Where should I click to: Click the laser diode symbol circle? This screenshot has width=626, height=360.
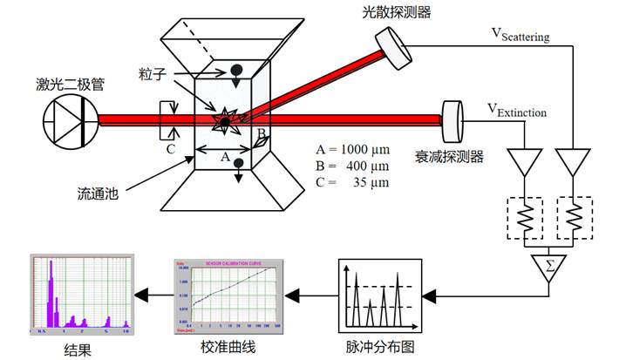71,120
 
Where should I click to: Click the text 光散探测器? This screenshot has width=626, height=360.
397,11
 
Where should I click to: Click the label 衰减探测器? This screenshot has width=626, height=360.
449,157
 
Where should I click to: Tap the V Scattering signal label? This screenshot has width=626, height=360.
522,34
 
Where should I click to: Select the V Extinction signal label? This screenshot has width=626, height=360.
517,111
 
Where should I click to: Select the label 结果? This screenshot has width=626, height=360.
78,349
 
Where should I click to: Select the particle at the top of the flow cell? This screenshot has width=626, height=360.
235,71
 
